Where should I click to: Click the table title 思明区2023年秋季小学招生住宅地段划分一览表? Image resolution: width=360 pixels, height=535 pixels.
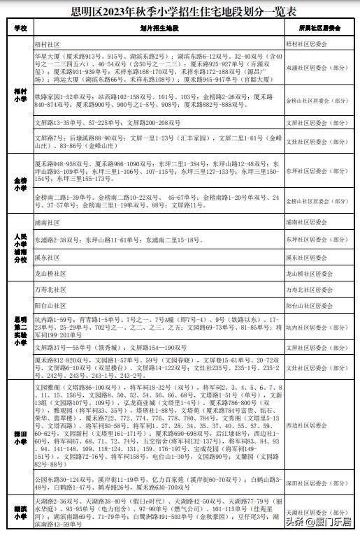(179, 12)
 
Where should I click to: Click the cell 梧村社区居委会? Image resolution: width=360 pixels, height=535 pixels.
(315, 43)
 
